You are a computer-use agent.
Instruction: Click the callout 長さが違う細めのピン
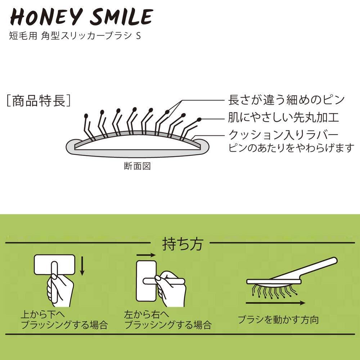click(286, 100)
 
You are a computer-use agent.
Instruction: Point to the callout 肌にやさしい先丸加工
click(284, 118)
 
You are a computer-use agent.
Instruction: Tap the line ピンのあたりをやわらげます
click(292, 148)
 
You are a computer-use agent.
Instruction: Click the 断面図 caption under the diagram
click(136, 166)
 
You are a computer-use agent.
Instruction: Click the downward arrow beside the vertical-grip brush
click(82, 265)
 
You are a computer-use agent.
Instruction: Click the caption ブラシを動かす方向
click(278, 319)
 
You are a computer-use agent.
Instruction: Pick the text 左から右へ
click(147, 314)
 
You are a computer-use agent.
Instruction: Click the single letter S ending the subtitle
click(138, 37)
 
